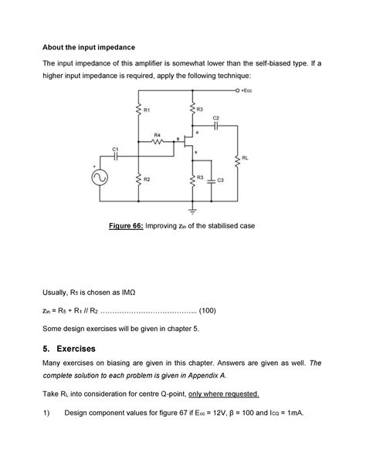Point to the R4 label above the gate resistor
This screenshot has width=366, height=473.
[158, 134]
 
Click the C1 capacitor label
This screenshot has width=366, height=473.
[115, 147]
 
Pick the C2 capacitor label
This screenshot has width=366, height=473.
[215, 117]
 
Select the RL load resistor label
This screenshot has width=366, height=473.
[245, 157]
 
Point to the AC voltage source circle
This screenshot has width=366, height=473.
[100, 177]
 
